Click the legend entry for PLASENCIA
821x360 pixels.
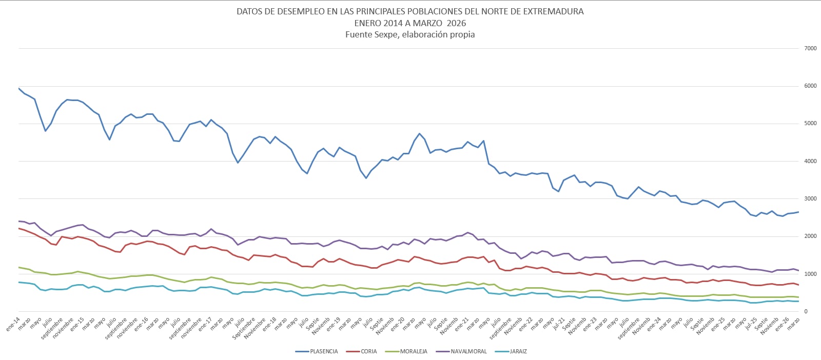click(x=323, y=351)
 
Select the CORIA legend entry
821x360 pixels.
click(x=368, y=351)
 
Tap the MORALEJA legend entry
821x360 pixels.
click(x=413, y=351)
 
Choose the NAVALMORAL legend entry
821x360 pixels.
click(x=468, y=351)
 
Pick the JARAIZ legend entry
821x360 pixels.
click(x=518, y=351)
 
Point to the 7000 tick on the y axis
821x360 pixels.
click(x=810, y=48)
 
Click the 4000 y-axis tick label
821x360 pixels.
click(x=810, y=161)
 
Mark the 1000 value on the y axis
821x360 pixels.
click(x=810, y=274)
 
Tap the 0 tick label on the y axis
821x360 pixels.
click(x=806, y=311)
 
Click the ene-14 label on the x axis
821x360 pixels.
click(x=13, y=325)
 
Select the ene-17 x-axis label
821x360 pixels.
click(x=205, y=325)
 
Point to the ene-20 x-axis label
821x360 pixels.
click(x=397, y=325)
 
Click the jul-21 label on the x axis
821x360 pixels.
click(x=558, y=324)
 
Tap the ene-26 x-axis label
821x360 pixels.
click(x=781, y=325)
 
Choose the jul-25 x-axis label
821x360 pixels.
click(x=750, y=324)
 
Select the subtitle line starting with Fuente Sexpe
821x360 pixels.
click(x=410, y=35)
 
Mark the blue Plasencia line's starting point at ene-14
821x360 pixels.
click(x=19, y=88)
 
